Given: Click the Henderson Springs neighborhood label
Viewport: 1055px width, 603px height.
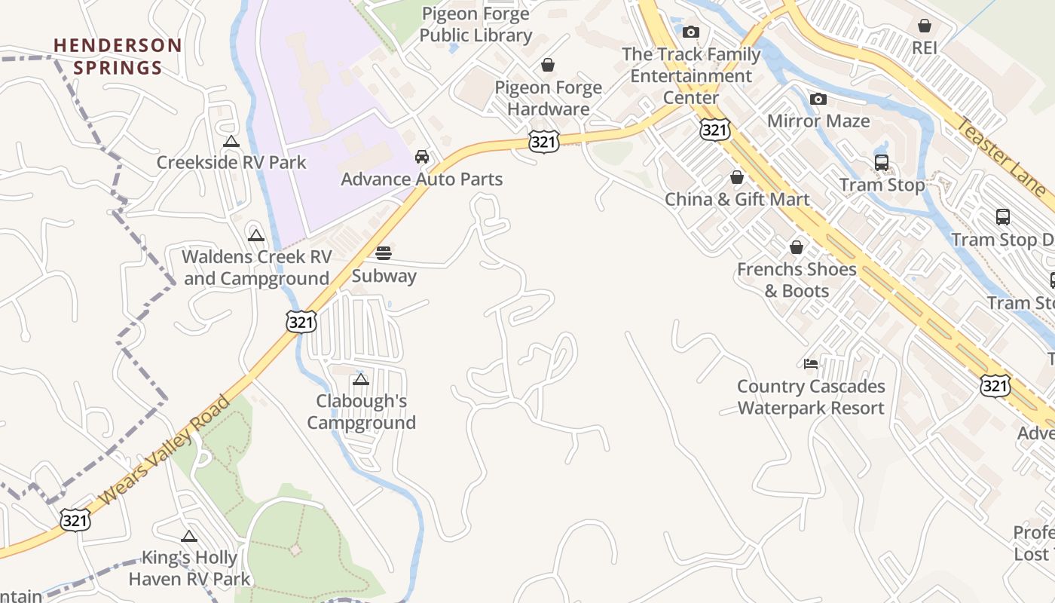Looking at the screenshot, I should tap(118, 57).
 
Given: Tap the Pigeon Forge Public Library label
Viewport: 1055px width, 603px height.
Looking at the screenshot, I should tap(476, 24).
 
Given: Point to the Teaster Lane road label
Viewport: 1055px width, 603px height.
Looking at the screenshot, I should tap(1000, 156).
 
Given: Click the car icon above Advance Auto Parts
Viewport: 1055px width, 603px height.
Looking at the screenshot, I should tap(422, 157).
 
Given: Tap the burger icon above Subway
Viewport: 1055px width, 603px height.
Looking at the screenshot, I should tap(384, 253).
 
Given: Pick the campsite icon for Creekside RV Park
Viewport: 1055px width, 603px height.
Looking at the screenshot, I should tap(231, 141).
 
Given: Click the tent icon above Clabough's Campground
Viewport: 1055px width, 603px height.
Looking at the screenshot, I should tap(361, 379).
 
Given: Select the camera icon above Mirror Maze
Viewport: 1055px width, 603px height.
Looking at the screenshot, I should tap(818, 99).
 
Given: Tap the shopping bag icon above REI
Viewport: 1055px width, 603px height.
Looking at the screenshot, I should tap(925, 26).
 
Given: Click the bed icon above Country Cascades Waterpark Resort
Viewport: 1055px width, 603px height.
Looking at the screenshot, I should tap(811, 364).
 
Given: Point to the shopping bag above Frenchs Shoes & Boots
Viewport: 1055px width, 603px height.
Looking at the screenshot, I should tap(797, 247).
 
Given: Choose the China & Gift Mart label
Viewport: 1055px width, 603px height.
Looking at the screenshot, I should tap(737, 200).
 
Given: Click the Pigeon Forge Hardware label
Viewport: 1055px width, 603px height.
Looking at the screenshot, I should tap(548, 98).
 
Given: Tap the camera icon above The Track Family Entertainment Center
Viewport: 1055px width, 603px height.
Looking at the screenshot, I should tap(691, 32).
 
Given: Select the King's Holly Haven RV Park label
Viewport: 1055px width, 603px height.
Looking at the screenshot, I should tap(189, 568).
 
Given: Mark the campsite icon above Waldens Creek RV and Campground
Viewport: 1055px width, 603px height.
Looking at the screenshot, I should tap(256, 235).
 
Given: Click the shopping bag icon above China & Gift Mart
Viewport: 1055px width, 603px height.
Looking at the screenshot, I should tap(737, 178).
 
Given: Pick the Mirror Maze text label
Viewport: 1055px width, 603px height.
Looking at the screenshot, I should tap(818, 121).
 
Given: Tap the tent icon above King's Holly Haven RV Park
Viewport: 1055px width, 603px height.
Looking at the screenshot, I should tap(189, 536).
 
